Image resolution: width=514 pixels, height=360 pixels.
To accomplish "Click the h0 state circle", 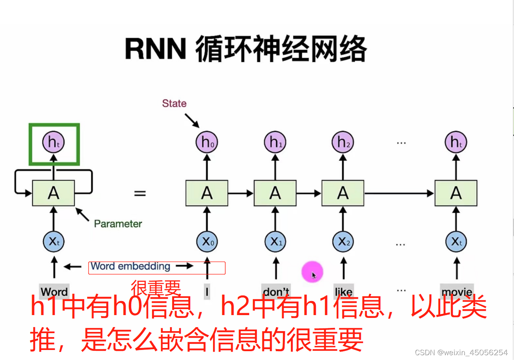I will point(207,142).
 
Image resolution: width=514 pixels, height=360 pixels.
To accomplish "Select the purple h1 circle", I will point(275,142).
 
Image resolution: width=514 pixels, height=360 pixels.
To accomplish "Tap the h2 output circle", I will point(343,142).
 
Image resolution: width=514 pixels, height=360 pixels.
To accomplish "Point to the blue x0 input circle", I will point(207,242).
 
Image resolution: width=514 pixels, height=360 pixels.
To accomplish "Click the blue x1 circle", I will point(275,242).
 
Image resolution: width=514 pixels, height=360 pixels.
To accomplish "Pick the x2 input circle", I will point(343,242).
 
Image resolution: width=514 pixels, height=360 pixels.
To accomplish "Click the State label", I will point(174,103).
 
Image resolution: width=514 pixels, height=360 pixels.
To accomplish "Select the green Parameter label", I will point(118,224).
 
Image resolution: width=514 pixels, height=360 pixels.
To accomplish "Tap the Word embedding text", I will point(130,266).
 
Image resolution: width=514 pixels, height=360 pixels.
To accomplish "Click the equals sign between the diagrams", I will point(140,194).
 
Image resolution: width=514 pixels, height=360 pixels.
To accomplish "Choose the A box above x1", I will point(275,193).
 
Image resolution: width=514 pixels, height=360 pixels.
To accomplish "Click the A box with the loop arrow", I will point(53,193).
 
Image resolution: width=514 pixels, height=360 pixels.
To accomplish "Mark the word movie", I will point(457,292).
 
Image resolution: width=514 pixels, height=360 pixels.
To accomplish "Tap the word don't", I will point(276,291).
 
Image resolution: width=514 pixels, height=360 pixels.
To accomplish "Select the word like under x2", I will point(343,291).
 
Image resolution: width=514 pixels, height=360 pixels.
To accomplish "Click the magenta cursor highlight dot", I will point(312,272).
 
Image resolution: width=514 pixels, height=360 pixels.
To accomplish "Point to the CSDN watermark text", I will point(461,353).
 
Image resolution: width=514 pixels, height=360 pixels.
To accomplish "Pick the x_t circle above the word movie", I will point(456,242).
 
